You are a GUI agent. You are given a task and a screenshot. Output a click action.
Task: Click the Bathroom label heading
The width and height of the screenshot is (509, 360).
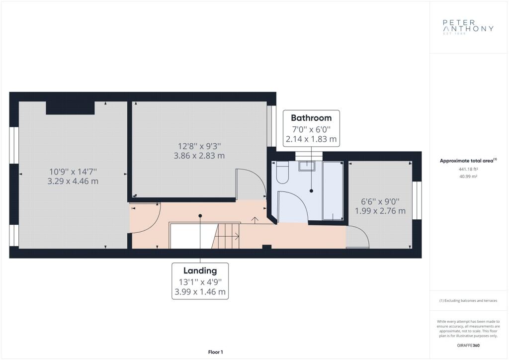point(311,118)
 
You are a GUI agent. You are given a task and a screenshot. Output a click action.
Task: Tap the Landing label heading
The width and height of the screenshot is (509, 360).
point(200,270)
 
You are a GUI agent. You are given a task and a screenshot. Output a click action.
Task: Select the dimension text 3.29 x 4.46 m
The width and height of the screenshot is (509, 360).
point(73,181)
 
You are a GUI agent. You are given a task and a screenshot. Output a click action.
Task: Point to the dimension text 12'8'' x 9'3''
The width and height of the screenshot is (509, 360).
point(199,146)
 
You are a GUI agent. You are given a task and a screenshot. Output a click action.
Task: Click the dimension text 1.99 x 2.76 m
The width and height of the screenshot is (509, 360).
point(380,211)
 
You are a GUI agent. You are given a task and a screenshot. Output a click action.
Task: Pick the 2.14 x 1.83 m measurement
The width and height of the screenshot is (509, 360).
point(311,139)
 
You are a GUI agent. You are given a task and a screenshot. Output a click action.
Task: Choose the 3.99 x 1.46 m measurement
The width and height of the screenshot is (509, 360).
point(200,292)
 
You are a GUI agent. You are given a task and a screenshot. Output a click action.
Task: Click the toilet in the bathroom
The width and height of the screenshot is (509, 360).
point(282,172)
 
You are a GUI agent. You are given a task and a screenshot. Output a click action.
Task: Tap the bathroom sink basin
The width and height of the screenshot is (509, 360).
point(307,166)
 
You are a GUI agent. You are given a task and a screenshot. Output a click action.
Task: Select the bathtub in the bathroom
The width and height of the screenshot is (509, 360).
point(333,190)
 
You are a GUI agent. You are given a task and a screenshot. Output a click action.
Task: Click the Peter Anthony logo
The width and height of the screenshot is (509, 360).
point(468,27)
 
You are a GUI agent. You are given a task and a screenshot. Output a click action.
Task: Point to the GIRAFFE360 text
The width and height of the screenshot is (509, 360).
point(468,346)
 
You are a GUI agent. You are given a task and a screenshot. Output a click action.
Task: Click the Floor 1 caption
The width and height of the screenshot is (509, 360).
point(216,352)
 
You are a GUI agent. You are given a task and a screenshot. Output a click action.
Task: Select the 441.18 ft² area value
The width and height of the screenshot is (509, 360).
point(468,169)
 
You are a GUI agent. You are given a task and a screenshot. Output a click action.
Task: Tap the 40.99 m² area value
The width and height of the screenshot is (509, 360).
point(468,177)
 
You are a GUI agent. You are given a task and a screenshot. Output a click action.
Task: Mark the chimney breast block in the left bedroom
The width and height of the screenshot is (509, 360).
point(70,108)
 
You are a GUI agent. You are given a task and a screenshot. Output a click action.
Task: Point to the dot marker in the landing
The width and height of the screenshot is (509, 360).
point(200,216)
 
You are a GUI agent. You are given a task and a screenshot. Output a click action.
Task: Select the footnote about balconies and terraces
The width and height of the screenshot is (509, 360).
point(468,301)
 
